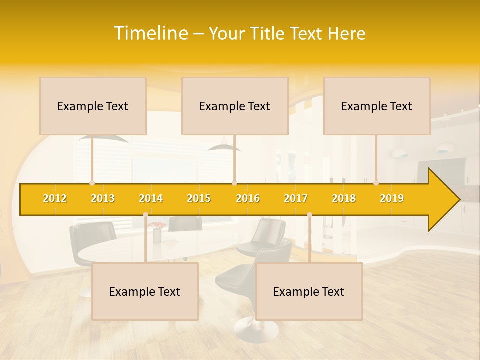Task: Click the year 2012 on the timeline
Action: [x=55, y=198]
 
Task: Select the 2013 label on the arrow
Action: [x=103, y=198]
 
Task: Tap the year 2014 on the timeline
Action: [x=151, y=198]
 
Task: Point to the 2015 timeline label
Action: [x=199, y=198]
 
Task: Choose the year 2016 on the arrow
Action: [x=248, y=198]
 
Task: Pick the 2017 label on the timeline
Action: [x=296, y=198]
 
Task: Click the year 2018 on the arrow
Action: [x=344, y=198]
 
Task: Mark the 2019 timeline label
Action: [x=392, y=198]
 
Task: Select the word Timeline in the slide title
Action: [x=150, y=33]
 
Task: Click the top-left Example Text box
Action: [x=93, y=106]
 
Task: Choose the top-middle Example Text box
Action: [x=235, y=106]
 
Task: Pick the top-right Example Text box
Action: [x=377, y=106]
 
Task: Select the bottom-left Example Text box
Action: [x=145, y=291]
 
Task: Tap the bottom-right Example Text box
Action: [x=309, y=291]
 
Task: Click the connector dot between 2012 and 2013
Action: [x=92, y=183]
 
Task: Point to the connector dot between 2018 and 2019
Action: [x=376, y=183]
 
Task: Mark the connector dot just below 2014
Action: [x=145, y=215]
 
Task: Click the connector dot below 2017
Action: [x=309, y=215]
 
